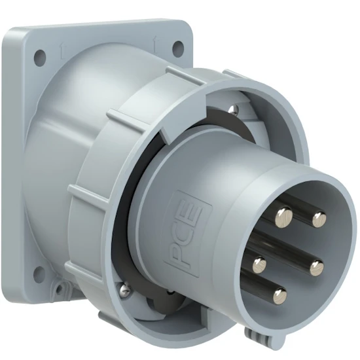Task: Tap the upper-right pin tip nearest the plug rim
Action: point(319,219)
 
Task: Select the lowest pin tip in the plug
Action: point(280,295)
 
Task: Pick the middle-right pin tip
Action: point(317,268)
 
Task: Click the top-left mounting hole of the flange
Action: point(40,56)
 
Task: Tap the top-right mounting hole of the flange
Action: point(179,46)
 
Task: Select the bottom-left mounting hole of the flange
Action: point(39,273)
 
